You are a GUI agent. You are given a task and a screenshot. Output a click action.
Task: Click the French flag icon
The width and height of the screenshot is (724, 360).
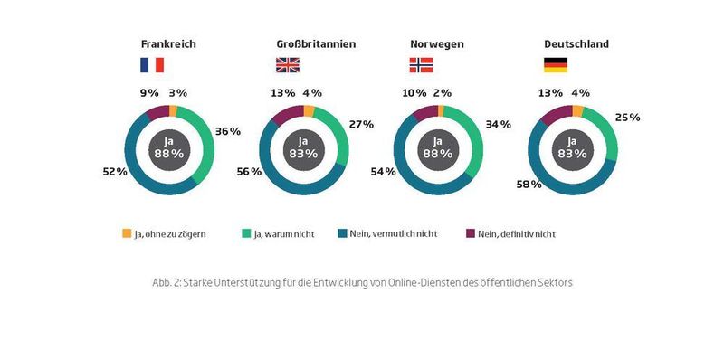[x=151, y=64]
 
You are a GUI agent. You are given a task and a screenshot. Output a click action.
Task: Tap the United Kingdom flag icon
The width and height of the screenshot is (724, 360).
[x=287, y=64]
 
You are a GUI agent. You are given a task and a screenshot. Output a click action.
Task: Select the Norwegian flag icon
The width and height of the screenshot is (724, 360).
[x=422, y=64]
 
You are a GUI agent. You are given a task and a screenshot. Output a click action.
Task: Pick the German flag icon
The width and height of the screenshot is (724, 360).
[x=555, y=64]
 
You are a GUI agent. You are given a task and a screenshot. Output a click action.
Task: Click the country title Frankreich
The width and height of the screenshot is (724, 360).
[x=168, y=43]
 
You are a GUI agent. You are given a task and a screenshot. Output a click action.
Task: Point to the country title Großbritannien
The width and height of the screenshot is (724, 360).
[x=316, y=43]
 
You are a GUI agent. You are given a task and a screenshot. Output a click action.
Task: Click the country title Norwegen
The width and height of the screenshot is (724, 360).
[x=437, y=43]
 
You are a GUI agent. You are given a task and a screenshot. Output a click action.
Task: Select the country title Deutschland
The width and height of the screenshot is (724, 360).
[x=576, y=43]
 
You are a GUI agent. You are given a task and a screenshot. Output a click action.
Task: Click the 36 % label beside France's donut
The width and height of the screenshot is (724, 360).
[x=228, y=131]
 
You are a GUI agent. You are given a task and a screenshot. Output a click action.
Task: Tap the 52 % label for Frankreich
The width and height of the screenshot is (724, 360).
[x=116, y=170]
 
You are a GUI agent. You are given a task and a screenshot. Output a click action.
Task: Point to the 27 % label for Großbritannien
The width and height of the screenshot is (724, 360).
[x=361, y=124]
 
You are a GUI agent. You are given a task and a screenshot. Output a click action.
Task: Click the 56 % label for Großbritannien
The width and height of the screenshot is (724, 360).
[x=248, y=172]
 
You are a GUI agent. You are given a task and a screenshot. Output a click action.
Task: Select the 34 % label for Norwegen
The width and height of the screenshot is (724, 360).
[x=497, y=123]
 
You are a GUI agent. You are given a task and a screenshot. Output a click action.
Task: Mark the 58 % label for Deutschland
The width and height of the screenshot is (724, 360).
[x=529, y=184]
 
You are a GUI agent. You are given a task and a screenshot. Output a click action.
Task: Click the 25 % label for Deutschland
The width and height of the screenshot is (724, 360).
[x=628, y=117]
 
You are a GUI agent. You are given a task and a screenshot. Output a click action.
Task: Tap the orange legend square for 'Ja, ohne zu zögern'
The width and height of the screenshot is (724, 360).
[x=127, y=233]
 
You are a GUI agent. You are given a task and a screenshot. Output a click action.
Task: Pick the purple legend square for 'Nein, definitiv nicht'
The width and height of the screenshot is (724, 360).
[x=469, y=233]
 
